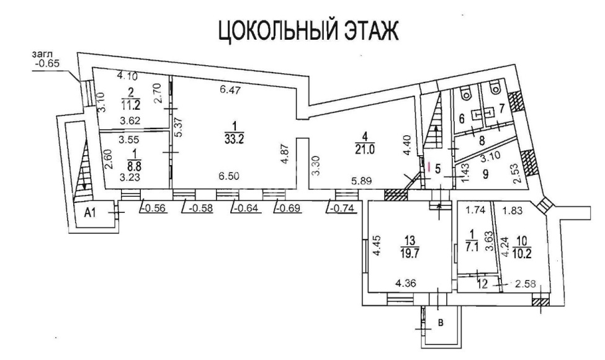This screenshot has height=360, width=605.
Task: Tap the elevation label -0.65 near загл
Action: pos(47,63)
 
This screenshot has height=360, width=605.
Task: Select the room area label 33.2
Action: pos(235,139)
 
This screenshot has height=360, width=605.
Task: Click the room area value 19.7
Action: pos(410,253)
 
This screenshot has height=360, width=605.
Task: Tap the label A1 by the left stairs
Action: pos(90,213)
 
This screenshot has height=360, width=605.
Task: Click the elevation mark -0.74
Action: pos(343,209)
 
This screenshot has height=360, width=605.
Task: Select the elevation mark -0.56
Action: pos(153,209)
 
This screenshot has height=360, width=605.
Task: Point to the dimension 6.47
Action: pos(230,91)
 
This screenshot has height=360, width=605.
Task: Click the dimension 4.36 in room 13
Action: pos(406,284)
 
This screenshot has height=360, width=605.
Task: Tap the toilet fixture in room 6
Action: pos(466,91)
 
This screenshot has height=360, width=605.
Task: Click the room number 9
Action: pos(485,174)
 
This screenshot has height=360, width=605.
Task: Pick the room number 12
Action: pos(482,284)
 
